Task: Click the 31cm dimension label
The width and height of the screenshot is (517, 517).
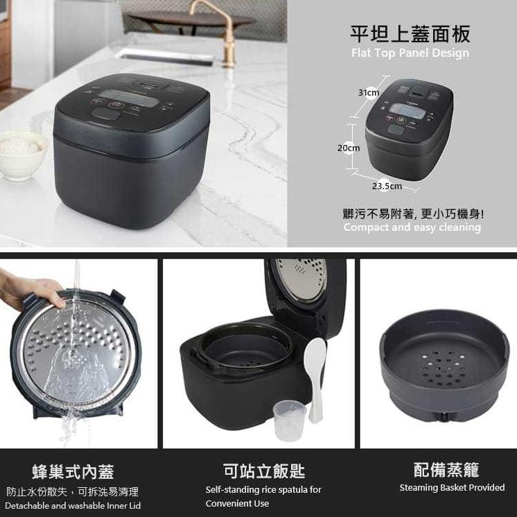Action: pos(369,93)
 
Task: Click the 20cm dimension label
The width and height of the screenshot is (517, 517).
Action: pos(348,148)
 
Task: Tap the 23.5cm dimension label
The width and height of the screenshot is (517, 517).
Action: pos(387,186)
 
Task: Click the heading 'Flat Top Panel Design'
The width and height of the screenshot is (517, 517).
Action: pos(410,53)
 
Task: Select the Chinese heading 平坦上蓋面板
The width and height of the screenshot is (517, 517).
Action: pos(410,34)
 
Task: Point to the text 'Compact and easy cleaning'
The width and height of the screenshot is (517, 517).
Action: pos(412,227)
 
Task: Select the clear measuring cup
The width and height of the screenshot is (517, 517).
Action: pos(290,420)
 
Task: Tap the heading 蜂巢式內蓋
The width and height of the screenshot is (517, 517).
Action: pos(73,473)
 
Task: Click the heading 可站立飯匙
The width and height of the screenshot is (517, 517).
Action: pos(263,471)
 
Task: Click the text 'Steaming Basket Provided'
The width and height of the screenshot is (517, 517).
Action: pos(452,488)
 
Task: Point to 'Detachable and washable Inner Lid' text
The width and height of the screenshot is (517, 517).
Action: pos(73,506)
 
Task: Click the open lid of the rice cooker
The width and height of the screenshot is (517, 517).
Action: pos(305,284)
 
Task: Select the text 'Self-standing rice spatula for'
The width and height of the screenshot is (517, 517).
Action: pos(263,490)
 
